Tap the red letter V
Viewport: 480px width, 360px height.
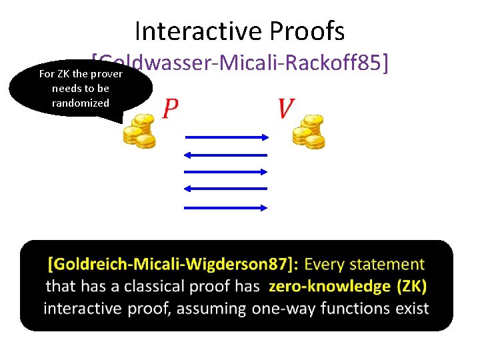(x=286, y=108)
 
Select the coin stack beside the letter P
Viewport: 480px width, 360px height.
(x=139, y=130)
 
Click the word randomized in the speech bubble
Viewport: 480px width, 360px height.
(x=80, y=103)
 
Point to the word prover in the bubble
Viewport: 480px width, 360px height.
(x=107, y=73)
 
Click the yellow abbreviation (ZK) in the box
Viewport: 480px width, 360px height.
(x=411, y=287)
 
